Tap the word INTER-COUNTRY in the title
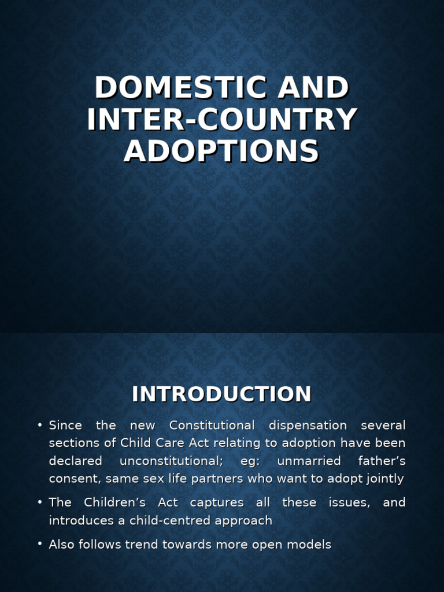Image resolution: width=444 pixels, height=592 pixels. click(x=222, y=120)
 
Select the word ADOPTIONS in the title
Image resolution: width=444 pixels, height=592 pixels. click(x=221, y=151)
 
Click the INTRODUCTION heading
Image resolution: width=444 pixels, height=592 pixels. click(x=221, y=394)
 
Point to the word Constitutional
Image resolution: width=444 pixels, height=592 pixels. click(x=212, y=425)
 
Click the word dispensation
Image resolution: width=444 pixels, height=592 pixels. click(x=308, y=425)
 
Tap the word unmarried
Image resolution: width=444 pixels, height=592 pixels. click(x=309, y=461)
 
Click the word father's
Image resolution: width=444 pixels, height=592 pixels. click(x=382, y=461)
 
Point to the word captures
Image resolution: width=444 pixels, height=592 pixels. click(x=217, y=503)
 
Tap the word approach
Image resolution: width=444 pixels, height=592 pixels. click(x=244, y=520)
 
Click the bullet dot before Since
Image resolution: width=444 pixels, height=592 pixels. click(x=40, y=425)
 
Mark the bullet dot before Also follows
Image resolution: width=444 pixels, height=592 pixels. click(x=40, y=545)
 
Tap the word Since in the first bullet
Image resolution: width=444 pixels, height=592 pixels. click(x=65, y=425)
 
